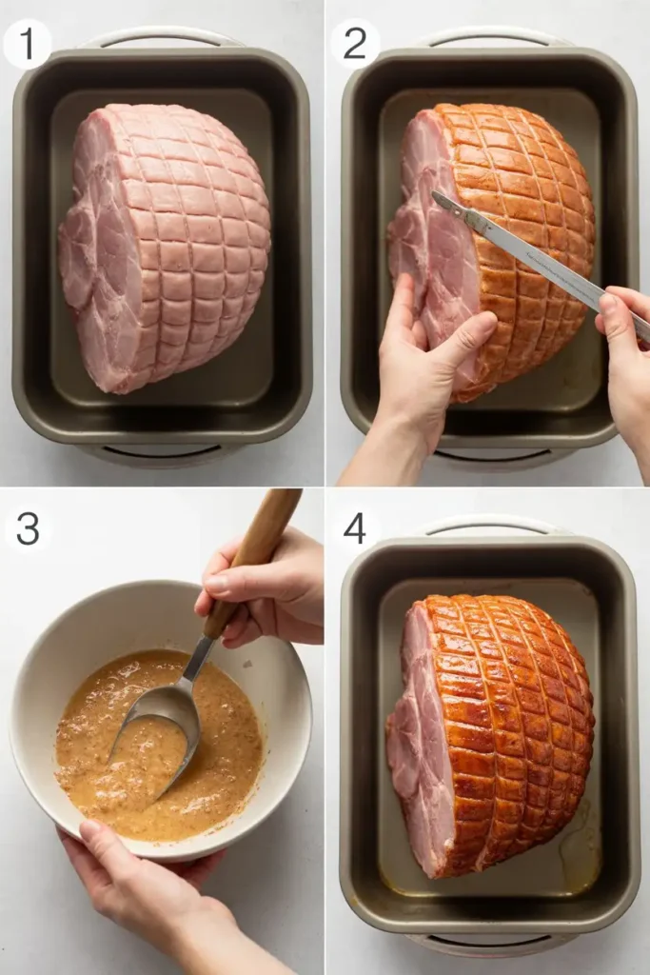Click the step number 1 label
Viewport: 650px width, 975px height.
pyautogui.click(x=27, y=44)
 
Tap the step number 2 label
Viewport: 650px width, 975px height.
pyautogui.click(x=354, y=44)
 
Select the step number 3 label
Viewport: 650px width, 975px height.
pyautogui.click(x=28, y=529)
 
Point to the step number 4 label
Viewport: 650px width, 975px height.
pyautogui.click(x=354, y=529)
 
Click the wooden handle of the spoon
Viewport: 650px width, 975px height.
pyautogui.click(x=255, y=560)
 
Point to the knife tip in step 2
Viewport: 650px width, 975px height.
pyautogui.click(x=434, y=192)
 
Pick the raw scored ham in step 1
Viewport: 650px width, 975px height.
pyautogui.click(x=165, y=248)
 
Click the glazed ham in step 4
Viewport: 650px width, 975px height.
pyautogui.click(x=491, y=734)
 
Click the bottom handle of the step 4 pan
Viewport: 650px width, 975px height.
pyautogui.click(x=491, y=944)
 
